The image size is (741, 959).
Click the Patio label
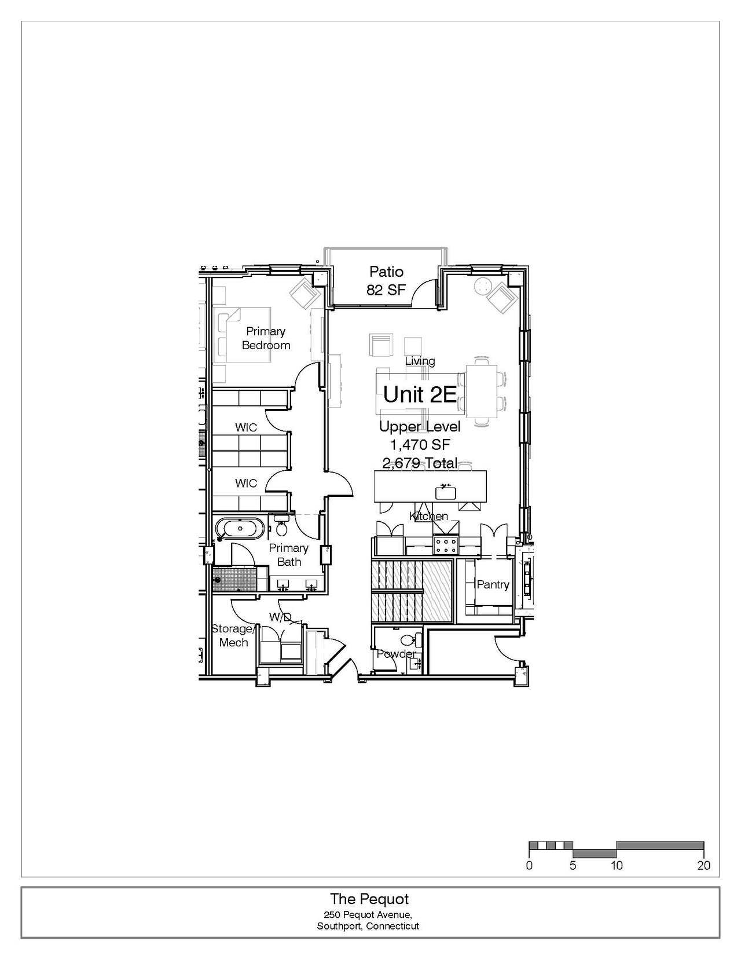[386, 272]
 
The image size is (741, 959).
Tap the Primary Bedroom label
[266, 338]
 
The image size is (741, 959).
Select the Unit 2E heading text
[420, 394]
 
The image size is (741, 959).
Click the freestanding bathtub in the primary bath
[240, 528]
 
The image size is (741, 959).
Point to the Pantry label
[493, 584]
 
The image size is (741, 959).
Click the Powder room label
[396, 654]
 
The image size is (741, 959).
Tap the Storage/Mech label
[233, 635]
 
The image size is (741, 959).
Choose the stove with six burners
[446, 544]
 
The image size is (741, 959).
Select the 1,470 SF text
[420, 445]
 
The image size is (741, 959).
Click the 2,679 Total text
[420, 463]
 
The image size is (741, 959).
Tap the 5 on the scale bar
[573, 865]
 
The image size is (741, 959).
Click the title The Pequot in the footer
[369, 899]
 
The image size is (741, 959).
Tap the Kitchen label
[429, 516]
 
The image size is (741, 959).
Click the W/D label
[281, 617]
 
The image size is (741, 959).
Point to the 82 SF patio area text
[386, 290]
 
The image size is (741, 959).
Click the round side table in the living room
[481, 285]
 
